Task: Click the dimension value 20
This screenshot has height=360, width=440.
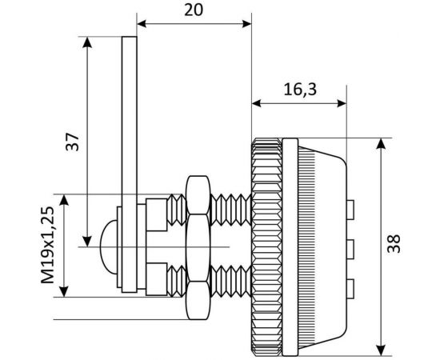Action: point(194,10)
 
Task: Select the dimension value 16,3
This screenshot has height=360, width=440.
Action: point(300,90)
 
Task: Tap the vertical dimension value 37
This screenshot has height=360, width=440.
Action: point(72,142)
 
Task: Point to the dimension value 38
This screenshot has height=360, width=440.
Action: point(393,244)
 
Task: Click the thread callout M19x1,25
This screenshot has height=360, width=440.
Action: point(47,245)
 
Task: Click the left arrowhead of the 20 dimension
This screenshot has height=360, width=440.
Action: point(142,24)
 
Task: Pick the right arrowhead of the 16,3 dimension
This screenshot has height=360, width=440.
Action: point(342,103)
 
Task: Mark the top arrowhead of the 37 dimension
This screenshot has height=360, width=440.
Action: point(87,42)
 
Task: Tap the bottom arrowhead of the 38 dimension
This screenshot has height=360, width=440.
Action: point(381,350)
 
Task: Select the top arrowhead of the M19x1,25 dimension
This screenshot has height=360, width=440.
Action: point(64,199)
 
